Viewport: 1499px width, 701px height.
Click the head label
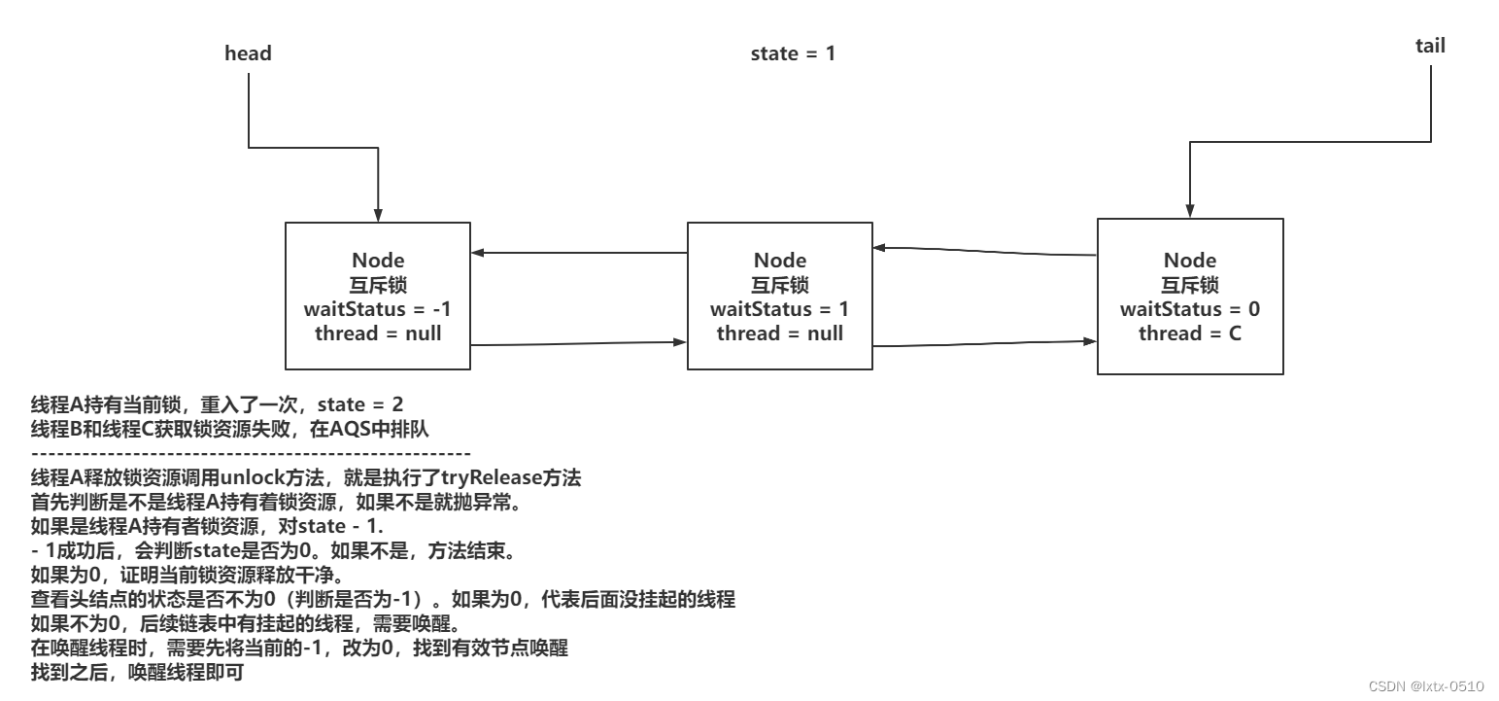click(248, 53)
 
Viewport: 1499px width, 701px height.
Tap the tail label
click(1430, 46)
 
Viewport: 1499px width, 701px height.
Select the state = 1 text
click(793, 53)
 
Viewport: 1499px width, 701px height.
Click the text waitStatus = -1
click(378, 309)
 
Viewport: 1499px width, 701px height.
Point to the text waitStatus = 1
click(780, 309)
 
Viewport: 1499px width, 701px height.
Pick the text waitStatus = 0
click(1190, 309)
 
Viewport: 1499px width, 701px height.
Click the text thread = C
click(1190, 333)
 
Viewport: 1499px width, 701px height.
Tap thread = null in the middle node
click(780, 333)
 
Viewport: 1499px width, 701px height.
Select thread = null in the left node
click(378, 333)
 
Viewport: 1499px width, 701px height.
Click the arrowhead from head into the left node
click(379, 217)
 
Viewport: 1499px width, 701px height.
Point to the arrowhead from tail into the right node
click(1187, 213)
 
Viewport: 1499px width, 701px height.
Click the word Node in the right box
click(1190, 261)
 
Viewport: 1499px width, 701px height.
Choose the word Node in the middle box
click(780, 261)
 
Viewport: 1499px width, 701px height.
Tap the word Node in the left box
click(378, 261)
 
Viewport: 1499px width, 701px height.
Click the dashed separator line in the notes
click(251, 453)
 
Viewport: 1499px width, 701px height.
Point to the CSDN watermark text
click(1425, 686)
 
